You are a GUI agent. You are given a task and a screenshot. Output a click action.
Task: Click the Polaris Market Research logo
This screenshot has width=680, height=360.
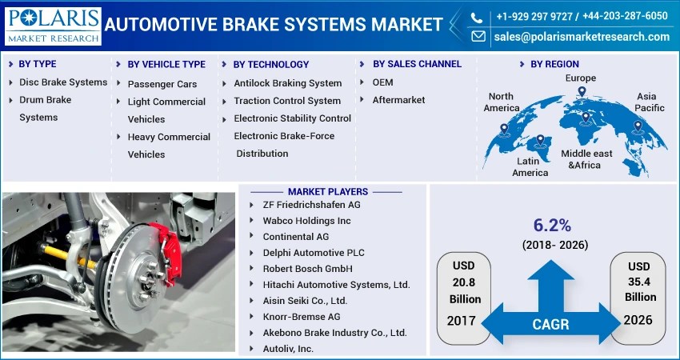pos(53,26)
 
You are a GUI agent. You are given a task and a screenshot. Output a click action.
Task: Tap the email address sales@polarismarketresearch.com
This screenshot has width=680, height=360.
pos(581,37)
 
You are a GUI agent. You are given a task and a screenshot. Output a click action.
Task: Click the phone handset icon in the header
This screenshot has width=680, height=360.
pos(478,16)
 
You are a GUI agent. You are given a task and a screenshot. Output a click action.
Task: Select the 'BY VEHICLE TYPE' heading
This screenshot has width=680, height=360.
pos(166,64)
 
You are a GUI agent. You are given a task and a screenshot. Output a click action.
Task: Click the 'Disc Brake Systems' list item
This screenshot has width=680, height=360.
pos(63,82)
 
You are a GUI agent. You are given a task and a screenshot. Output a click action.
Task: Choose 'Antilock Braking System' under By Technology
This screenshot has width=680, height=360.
pos(287,83)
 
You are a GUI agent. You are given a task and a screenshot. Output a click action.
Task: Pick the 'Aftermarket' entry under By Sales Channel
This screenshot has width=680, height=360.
pos(398,100)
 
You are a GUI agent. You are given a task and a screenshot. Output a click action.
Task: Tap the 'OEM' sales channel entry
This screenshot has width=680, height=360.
pos(382,82)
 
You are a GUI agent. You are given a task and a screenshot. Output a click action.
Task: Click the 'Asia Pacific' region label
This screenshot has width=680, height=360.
pos(650,102)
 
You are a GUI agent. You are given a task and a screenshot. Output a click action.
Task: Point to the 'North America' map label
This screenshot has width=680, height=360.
pos(502,102)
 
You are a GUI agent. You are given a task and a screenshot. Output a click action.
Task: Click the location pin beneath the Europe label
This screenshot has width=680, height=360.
pos(582,93)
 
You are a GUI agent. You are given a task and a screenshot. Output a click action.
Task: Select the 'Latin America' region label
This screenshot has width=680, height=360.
pos(530,166)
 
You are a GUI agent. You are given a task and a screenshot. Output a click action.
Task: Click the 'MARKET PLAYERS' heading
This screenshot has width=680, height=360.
pos(328,192)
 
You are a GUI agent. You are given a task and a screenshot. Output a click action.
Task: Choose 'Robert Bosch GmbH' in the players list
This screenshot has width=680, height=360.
pos(307,269)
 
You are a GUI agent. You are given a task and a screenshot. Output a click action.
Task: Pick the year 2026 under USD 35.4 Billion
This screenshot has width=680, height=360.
pos(638,319)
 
